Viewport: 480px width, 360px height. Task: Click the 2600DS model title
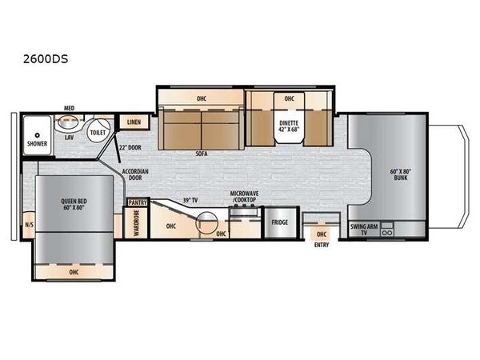(46, 58)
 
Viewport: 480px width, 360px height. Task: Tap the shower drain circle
(38, 135)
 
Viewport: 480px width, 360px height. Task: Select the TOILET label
(98, 133)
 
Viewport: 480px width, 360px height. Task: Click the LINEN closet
(134, 122)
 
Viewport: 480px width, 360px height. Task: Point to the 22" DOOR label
(130, 147)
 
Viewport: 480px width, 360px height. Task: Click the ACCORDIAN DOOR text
(135, 174)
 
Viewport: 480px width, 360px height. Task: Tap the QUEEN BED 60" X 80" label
(74, 204)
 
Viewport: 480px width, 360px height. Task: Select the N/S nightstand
(29, 225)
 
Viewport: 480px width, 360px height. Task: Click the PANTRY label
(138, 202)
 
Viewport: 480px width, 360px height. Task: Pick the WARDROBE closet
(136, 223)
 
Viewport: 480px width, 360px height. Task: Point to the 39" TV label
(190, 201)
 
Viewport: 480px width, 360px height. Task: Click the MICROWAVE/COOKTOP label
(244, 197)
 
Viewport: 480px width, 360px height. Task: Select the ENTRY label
(322, 245)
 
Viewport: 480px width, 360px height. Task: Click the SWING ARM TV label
(364, 230)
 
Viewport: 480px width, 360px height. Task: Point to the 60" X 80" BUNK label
(401, 174)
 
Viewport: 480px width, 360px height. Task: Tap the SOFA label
(202, 154)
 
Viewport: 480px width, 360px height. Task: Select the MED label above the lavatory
(69, 108)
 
